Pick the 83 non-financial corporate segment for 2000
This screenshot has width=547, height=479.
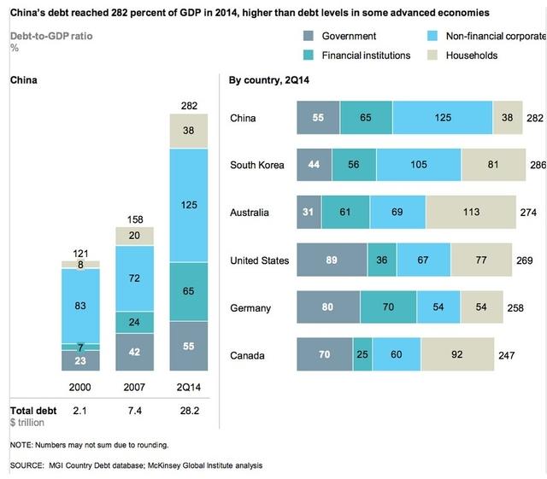point(81,306)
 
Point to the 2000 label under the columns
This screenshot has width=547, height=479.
point(81,386)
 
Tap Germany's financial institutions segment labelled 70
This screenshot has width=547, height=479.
point(388,307)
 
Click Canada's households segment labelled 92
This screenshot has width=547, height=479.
point(457,354)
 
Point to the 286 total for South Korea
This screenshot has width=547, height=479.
point(537,166)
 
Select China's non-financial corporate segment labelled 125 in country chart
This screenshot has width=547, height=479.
point(443,118)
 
